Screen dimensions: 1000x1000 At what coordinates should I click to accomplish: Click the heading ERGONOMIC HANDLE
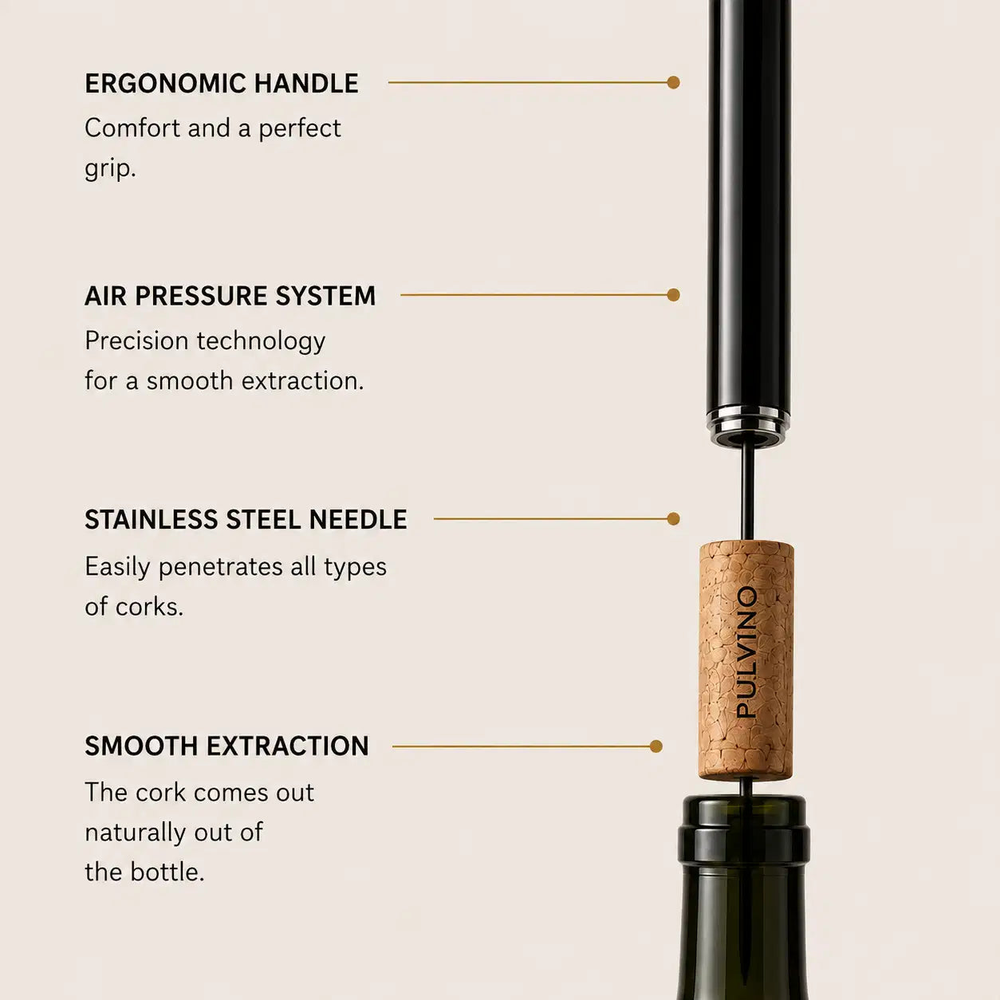coord(222,83)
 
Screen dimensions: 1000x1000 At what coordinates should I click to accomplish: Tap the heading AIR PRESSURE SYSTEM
coord(230,296)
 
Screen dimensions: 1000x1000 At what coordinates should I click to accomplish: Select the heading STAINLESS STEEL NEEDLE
coord(246,519)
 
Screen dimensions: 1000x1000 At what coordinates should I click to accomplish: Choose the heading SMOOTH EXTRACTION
coord(226,746)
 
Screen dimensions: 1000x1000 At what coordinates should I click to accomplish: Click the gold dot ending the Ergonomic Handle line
coord(674,82)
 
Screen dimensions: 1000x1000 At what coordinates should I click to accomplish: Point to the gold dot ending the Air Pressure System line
coord(674,295)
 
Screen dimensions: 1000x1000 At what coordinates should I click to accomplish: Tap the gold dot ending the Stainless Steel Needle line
coord(674,519)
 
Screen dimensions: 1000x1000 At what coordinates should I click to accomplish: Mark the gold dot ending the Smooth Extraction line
coord(656,746)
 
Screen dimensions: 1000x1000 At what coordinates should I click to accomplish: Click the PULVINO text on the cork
coord(747,652)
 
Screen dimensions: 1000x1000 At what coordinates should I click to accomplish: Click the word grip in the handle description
coord(110,169)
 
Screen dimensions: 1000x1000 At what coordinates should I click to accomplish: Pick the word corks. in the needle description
coord(149,606)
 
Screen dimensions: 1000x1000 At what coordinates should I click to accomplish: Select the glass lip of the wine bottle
coord(744,810)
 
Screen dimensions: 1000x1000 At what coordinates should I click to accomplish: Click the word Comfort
coord(132,128)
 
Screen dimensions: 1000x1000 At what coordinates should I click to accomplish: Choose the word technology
coord(261,342)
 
